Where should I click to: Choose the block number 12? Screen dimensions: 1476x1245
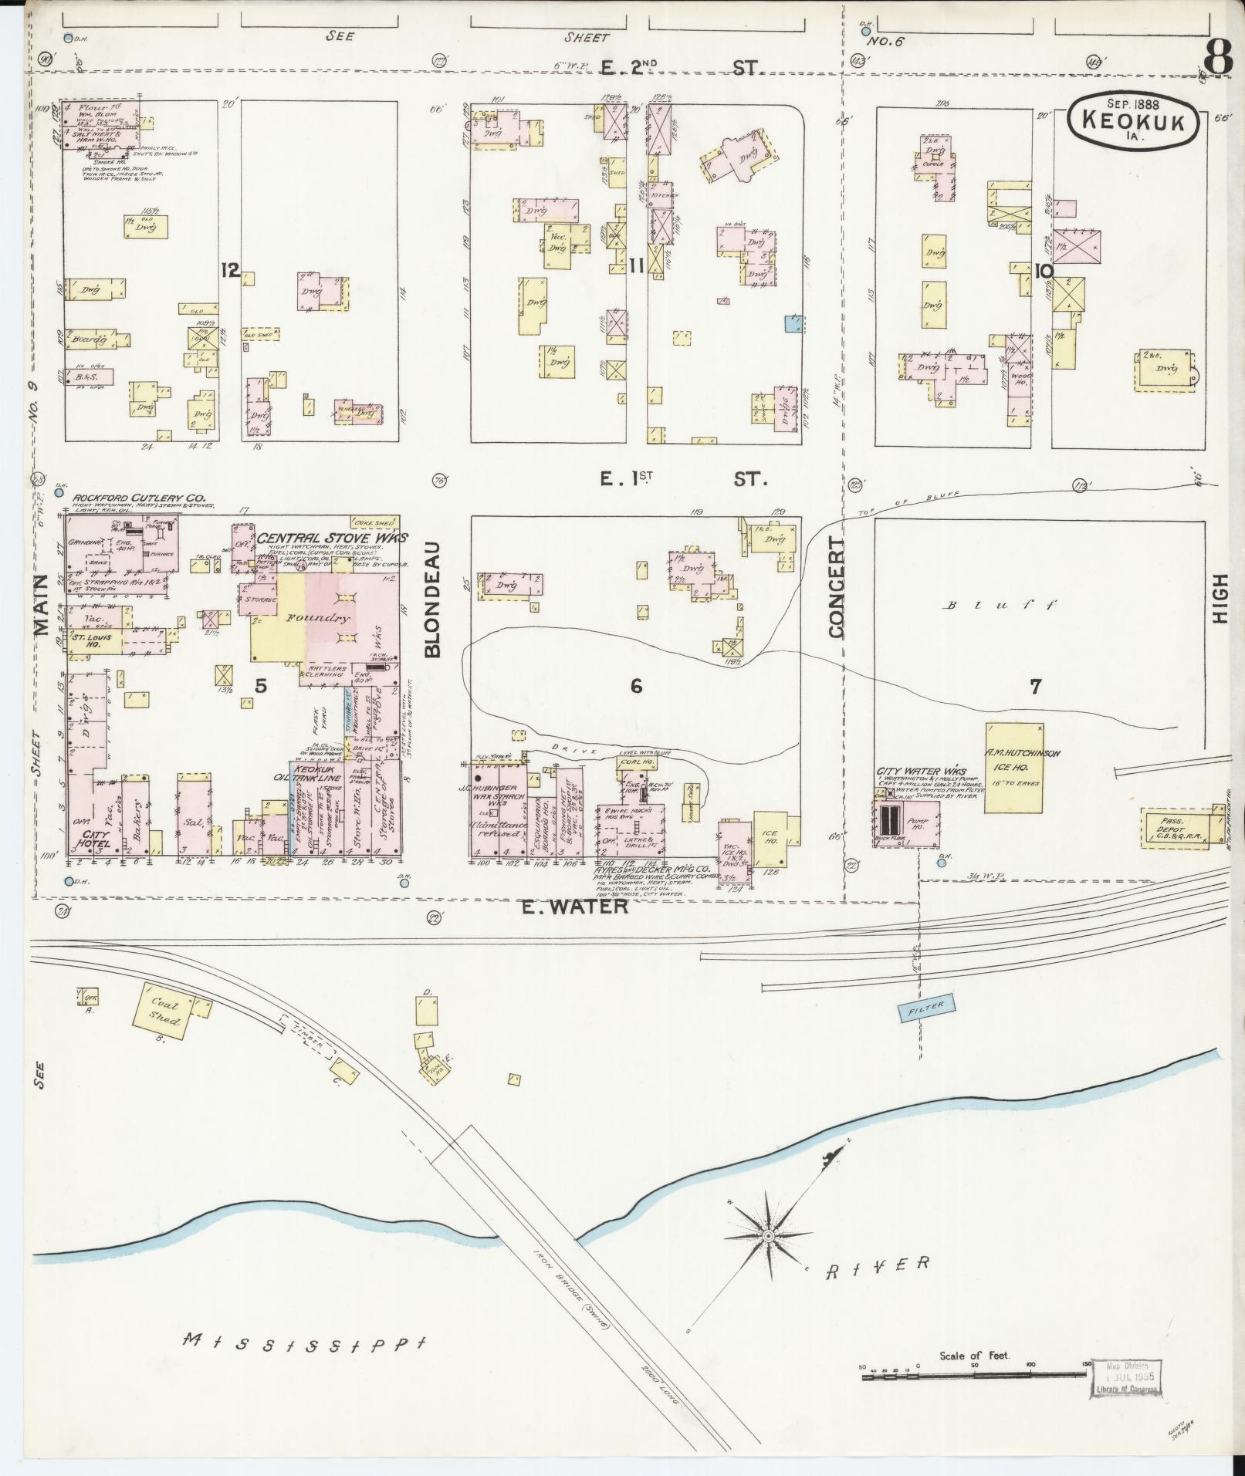229,270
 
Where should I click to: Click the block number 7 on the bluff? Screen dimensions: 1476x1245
1035,686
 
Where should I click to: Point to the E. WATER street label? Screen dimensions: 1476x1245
575,907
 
